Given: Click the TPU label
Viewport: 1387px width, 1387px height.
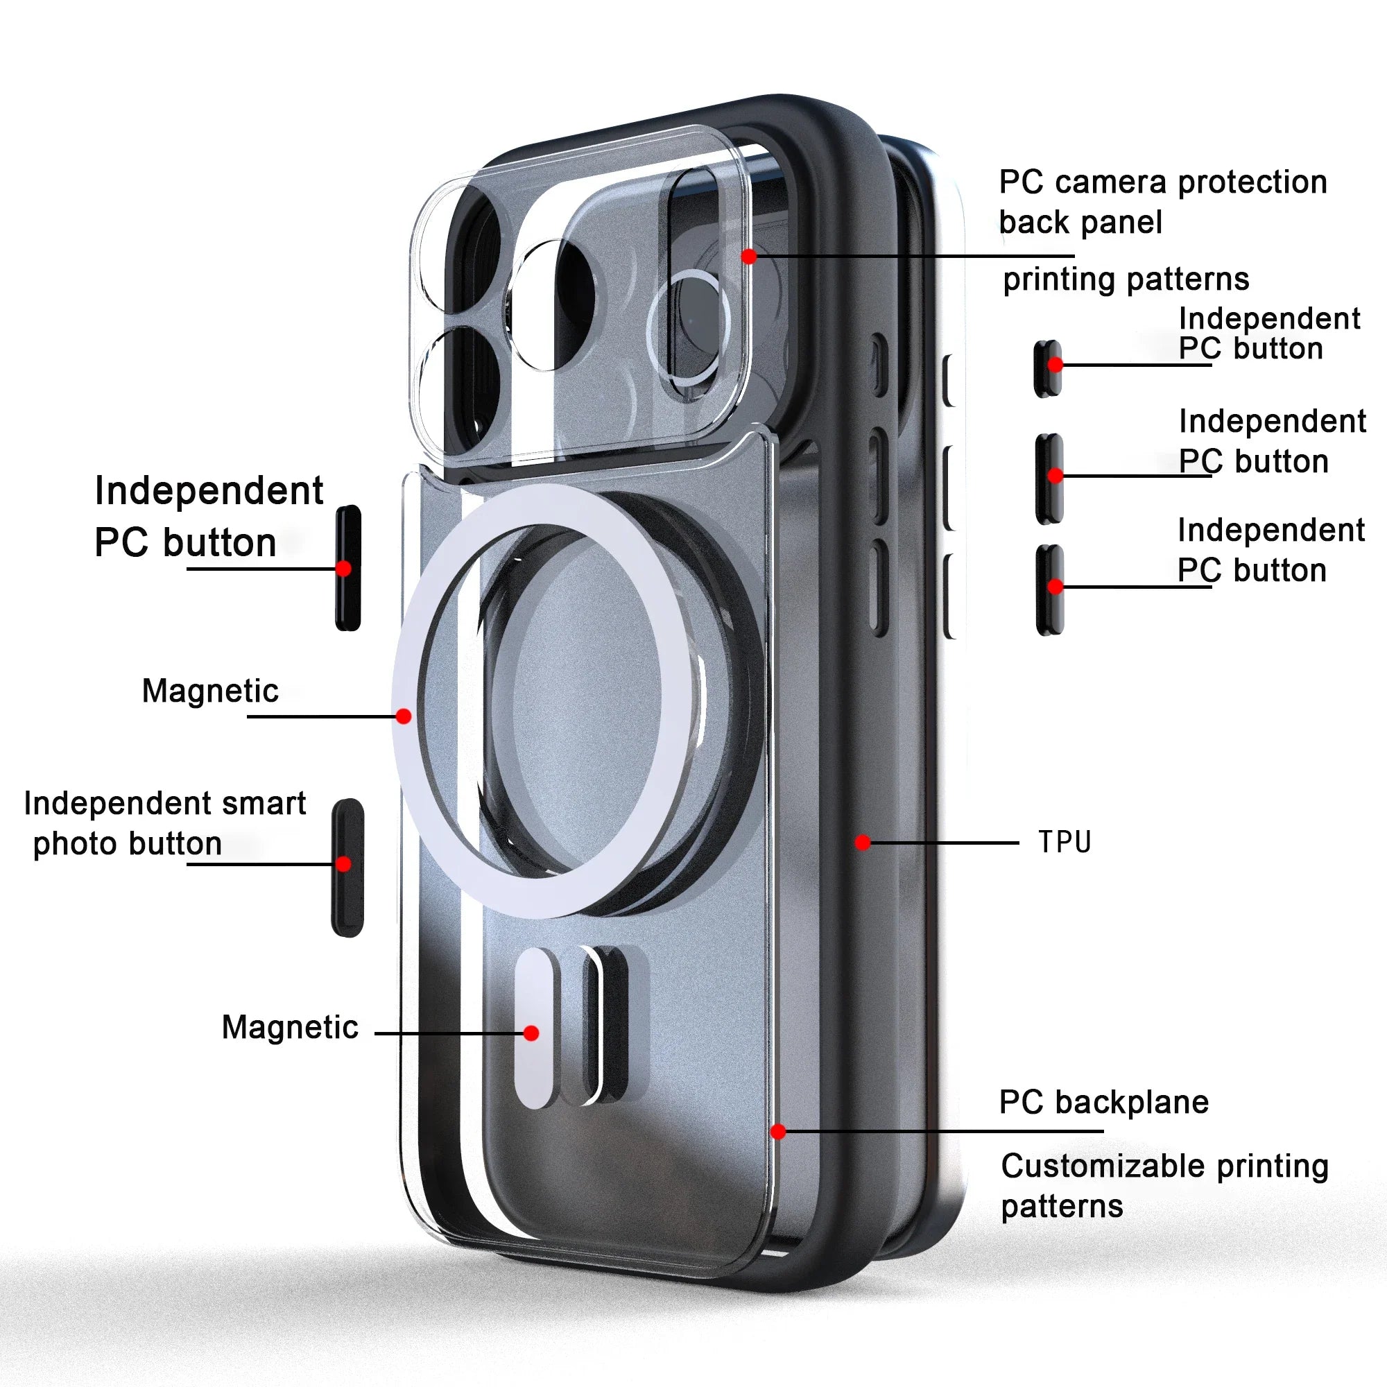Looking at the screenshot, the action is pyautogui.click(x=1065, y=841).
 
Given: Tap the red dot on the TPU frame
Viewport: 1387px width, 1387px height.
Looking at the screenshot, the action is pyautogui.click(x=863, y=842).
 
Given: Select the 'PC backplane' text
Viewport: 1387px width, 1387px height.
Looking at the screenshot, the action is pyautogui.click(x=1103, y=1102).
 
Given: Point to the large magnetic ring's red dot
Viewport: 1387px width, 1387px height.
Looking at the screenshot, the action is pyautogui.click(x=404, y=716).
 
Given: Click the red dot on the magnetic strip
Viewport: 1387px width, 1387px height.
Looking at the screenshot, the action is pyautogui.click(x=531, y=1033).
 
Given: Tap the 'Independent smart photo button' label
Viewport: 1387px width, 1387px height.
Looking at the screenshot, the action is pyautogui.click(x=164, y=822).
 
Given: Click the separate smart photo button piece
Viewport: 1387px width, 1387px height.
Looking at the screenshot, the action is pyautogui.click(x=347, y=868).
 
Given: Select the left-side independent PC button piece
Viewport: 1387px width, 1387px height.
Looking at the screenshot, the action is pyautogui.click(x=348, y=568).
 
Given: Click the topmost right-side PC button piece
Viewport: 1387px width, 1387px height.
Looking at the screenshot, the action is pyautogui.click(x=1048, y=368).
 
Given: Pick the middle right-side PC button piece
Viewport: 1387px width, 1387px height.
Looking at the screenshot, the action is pyautogui.click(x=1049, y=478).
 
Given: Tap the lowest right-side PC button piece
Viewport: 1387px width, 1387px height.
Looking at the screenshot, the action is pyautogui.click(x=1049, y=589).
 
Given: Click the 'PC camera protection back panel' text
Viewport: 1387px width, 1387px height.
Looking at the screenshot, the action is pyautogui.click(x=1162, y=202).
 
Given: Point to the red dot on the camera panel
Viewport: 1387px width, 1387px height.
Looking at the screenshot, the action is pyautogui.click(x=749, y=257).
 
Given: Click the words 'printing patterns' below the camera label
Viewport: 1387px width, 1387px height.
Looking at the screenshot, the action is pyautogui.click(x=1126, y=279).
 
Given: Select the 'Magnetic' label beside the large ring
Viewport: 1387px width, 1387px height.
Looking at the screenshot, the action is pyautogui.click(x=210, y=691).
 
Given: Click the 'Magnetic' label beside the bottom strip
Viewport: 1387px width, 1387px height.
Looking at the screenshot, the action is pyautogui.click(x=290, y=1026).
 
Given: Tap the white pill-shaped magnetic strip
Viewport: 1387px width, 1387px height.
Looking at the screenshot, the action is pyautogui.click(x=534, y=1027).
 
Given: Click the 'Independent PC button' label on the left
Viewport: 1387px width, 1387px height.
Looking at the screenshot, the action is pyautogui.click(x=209, y=516).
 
